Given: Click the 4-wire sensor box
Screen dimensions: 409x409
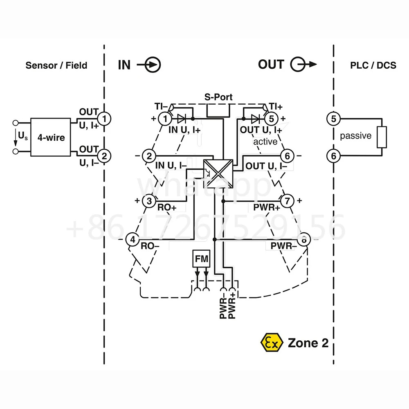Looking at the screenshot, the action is click(x=51, y=137).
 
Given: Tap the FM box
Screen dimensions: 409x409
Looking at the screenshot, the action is click(x=201, y=258).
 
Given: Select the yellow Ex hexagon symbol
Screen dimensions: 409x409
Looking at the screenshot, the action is click(x=272, y=342).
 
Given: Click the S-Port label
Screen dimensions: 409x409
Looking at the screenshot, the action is click(x=218, y=97).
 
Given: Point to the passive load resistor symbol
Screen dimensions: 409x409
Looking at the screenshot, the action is click(x=382, y=137).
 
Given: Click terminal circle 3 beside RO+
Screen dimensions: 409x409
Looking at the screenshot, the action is click(x=149, y=201).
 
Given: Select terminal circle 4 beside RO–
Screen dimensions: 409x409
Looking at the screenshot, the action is click(x=133, y=239).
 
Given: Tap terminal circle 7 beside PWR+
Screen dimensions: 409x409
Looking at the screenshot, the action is click(x=287, y=201).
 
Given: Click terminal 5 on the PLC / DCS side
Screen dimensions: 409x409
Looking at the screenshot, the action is click(x=334, y=119).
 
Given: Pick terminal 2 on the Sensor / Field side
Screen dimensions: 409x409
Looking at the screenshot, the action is click(x=104, y=156).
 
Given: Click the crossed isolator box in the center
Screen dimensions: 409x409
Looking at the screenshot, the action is click(x=218, y=174).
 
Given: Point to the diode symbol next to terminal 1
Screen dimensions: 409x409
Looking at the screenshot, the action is click(x=182, y=119).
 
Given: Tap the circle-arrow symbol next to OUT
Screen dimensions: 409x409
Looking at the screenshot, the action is click(x=303, y=64).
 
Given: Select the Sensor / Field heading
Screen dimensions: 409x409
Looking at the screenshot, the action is click(x=56, y=65).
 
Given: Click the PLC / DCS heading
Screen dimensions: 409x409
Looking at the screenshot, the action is click(x=373, y=65).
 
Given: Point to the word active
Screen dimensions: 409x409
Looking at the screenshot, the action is click(x=265, y=142).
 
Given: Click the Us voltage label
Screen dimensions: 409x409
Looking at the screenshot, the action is click(x=22, y=136).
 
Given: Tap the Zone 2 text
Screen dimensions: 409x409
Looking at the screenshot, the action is click(x=308, y=343).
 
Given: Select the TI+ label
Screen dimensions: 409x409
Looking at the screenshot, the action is click(x=276, y=106).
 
